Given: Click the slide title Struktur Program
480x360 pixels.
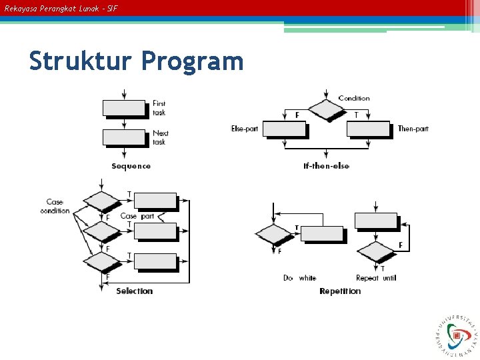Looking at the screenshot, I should tap(136, 61).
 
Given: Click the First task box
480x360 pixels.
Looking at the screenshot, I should tap(124, 109).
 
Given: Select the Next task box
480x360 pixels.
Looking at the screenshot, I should tap(124, 137).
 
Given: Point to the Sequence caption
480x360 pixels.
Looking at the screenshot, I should tap(131, 166).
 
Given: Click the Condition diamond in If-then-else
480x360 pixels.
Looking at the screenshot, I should tap(326, 110).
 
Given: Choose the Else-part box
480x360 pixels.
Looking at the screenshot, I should tap(284, 129).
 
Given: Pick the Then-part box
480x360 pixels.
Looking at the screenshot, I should tap(368, 129).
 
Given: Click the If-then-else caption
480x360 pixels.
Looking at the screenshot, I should tap(326, 166).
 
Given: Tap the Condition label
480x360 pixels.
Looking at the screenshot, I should tap(354, 99).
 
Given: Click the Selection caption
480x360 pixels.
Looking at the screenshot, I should tap(134, 291).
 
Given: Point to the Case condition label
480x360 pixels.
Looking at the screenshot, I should tap(55, 206).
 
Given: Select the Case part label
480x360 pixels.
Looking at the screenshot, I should tap(137, 216).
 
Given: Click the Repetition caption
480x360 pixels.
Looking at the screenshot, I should tap(340, 291).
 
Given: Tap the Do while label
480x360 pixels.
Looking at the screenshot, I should tap(299, 278).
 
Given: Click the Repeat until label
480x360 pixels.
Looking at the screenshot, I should tap(376, 278).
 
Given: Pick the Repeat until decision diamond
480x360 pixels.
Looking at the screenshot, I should tap(376, 251).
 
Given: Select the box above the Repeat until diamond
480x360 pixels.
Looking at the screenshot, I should tap(376, 221).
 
